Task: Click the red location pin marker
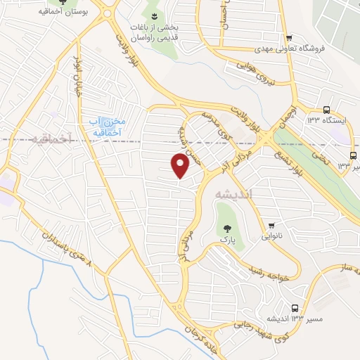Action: coord(181,165)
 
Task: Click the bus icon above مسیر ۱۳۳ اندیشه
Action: coord(294,308)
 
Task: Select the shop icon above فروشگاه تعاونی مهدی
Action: coord(288,37)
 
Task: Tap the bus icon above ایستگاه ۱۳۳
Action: coord(326,109)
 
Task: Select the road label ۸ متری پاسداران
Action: coord(70,251)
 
